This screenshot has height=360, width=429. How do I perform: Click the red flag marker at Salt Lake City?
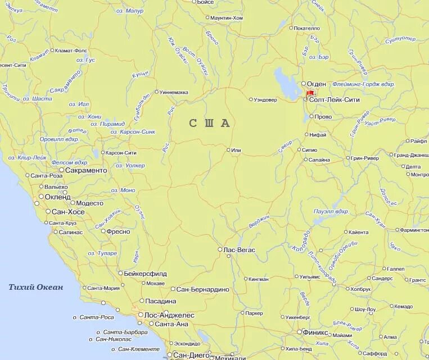[310, 93]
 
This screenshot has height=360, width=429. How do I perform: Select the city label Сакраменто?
[86, 170]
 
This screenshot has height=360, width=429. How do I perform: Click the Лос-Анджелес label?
[169, 315]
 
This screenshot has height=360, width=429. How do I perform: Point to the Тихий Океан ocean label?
[36, 287]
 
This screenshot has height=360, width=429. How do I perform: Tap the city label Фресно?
[118, 231]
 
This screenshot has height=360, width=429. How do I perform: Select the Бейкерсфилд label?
[146, 274]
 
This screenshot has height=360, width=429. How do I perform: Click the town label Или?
[236, 150]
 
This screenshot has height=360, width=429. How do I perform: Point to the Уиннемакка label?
[174, 92]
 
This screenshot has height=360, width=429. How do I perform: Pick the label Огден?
[316, 84]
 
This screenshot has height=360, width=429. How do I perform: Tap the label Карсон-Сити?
[121, 153]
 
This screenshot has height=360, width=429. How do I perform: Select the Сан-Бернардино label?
[202, 289]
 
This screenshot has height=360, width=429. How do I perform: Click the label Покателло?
[306, 28]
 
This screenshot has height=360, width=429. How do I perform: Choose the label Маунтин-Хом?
[227, 18]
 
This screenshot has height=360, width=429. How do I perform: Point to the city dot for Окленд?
[40, 197]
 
